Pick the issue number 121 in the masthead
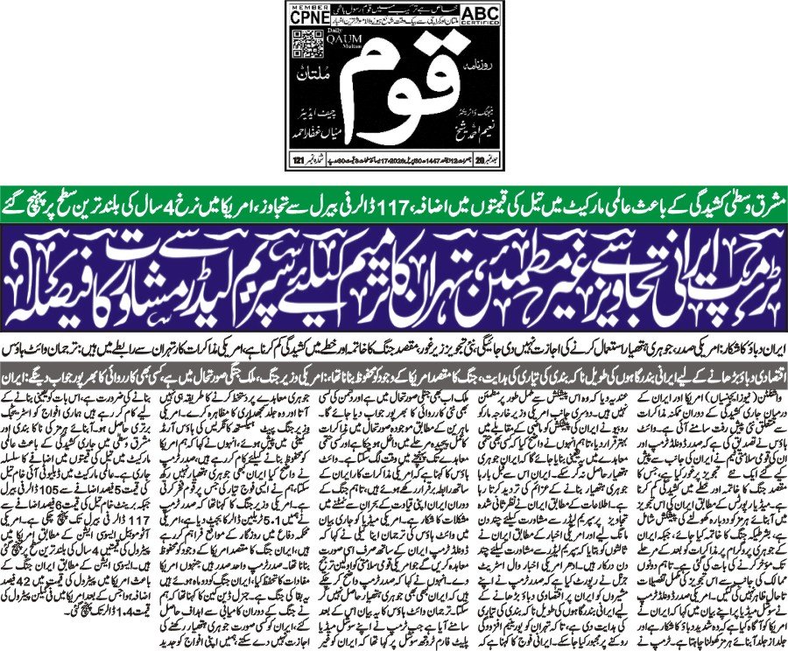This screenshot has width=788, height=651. coord(300,159)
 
